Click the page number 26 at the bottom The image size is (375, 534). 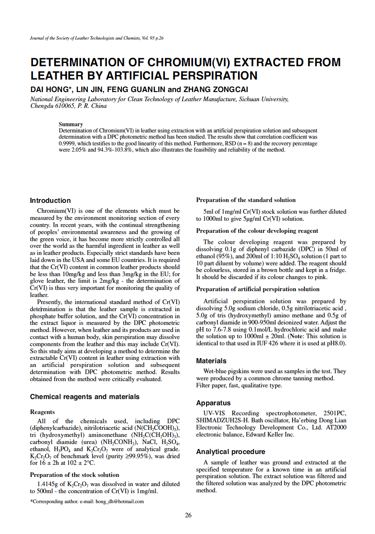pos(188,515)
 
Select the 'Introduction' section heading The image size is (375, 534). pos(50,201)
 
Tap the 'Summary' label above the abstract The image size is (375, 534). pos(71,124)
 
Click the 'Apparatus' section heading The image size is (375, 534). pos(213,403)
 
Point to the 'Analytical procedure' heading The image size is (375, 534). pos(230,452)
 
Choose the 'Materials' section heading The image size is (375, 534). pos(211,361)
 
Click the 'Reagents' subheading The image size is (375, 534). pos(42,412)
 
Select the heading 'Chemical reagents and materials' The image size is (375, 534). pos(84,397)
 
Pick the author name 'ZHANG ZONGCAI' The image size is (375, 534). pos(216,90)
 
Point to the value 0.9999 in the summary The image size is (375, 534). pos(68,143)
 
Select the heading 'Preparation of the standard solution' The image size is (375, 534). pos(246,200)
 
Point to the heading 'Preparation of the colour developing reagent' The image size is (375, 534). pos(257,231)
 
